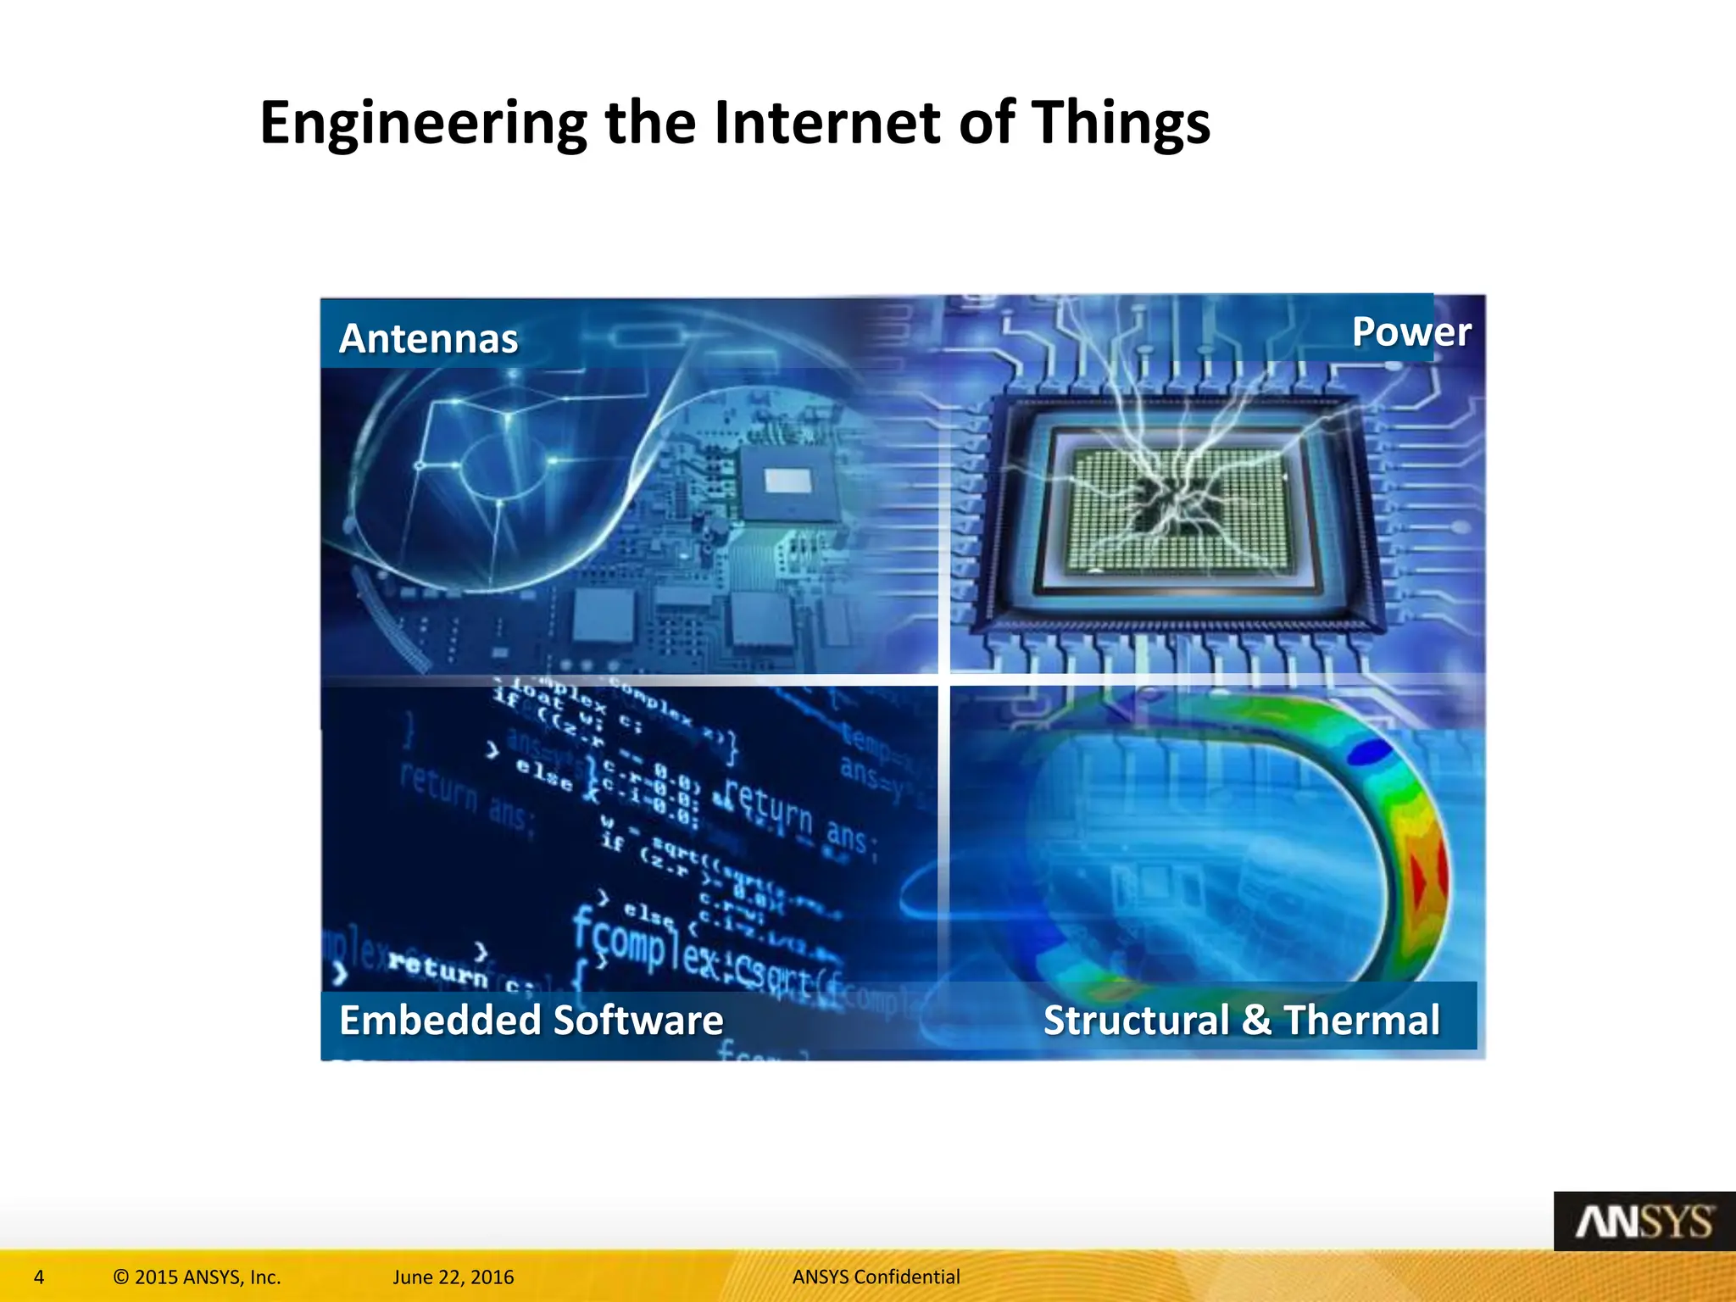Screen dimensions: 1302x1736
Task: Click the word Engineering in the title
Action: pyautogui.click(x=422, y=124)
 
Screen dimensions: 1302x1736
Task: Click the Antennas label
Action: pyautogui.click(x=428, y=338)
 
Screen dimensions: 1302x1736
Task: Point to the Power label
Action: pyautogui.click(x=1410, y=331)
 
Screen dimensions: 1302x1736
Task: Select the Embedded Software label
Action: pyautogui.click(x=531, y=1020)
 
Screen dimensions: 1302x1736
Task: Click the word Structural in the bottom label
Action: pyautogui.click(x=1136, y=1020)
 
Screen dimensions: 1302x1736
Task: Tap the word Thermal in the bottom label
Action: pyautogui.click(x=1361, y=1020)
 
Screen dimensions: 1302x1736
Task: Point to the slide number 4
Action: pyautogui.click(x=39, y=1277)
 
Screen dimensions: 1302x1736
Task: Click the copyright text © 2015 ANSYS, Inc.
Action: pyautogui.click(x=197, y=1277)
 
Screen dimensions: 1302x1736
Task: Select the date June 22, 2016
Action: pyautogui.click(x=453, y=1277)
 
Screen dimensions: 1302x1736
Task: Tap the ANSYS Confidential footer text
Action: pyautogui.click(x=876, y=1277)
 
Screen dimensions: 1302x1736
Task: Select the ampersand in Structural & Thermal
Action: pyautogui.click(x=1256, y=1020)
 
